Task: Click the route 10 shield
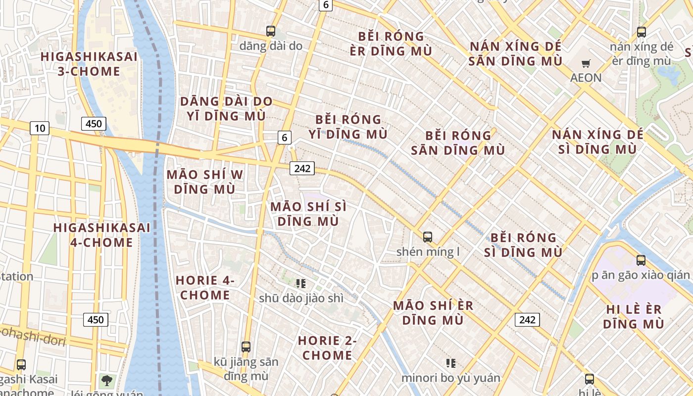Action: pyautogui.click(x=40, y=128)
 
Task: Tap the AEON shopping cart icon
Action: pyautogui.click(x=586, y=63)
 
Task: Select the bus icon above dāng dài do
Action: pyautogui.click(x=270, y=31)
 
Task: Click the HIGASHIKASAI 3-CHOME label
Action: pyautogui.click(x=89, y=64)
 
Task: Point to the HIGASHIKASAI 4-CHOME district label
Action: pyautogui.click(x=101, y=235)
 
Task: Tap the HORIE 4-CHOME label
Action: pyautogui.click(x=205, y=288)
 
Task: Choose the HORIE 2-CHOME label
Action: pyautogui.click(x=327, y=348)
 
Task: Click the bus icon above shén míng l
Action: pyautogui.click(x=428, y=237)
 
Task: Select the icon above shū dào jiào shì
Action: pyautogui.click(x=301, y=284)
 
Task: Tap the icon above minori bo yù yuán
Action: pyautogui.click(x=450, y=363)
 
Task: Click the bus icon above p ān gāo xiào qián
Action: pyautogui.click(x=641, y=260)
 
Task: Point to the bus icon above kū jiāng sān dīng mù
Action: pyautogui.click(x=246, y=346)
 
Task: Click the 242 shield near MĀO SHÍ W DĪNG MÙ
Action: pyautogui.click(x=302, y=168)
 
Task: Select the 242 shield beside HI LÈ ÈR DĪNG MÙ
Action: pyautogui.click(x=527, y=319)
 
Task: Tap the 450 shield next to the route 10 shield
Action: pyautogui.click(x=94, y=123)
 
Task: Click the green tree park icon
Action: pyautogui.click(x=106, y=381)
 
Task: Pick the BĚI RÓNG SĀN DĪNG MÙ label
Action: pyautogui.click(x=458, y=143)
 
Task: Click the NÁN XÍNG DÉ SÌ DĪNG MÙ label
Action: pyautogui.click(x=597, y=142)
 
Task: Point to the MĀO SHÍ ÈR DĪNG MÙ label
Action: pyautogui.click(x=433, y=312)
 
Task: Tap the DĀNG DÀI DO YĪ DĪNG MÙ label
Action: pyautogui.click(x=226, y=108)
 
